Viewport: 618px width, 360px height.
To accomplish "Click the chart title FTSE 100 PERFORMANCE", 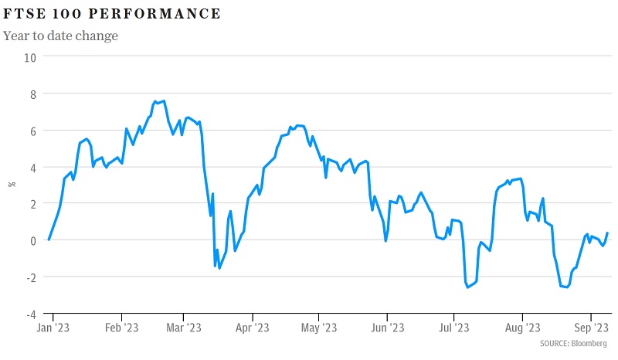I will (112, 14).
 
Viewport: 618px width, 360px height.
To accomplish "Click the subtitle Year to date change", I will (60, 36).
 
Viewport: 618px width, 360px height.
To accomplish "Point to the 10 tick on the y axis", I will (29, 56).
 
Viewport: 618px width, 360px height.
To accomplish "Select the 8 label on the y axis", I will (32, 93).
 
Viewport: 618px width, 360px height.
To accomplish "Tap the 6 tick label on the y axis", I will (32, 131).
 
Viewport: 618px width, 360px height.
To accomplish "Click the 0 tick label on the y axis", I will (32, 241).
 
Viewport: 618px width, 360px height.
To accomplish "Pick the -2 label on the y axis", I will (30, 277).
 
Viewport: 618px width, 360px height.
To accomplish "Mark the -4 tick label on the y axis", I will (30, 314).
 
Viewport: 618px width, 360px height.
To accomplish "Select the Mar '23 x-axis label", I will (183, 327).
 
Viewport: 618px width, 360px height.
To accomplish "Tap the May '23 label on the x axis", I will (318, 327).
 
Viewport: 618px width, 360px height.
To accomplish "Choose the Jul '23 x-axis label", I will (453, 327).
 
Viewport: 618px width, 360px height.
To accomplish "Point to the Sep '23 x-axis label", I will (590, 327).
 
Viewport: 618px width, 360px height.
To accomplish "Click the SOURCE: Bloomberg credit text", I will (573, 343).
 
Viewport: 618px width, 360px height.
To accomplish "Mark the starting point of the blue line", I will (49, 239).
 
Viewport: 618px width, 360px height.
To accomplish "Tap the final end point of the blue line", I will (607, 233).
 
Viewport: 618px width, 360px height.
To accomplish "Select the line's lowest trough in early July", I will (468, 287).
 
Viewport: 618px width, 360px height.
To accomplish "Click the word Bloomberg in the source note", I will (589, 343).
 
